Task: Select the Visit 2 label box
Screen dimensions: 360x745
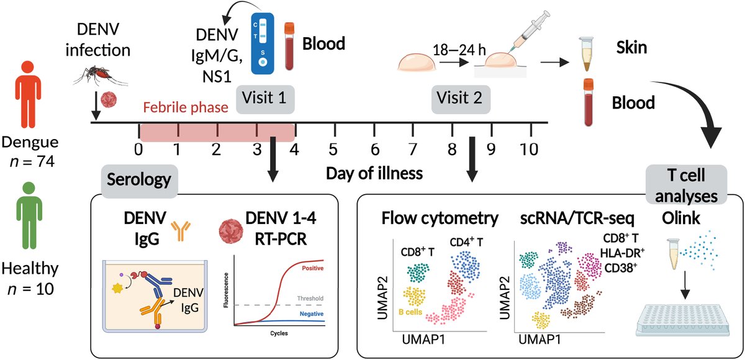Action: click(459, 97)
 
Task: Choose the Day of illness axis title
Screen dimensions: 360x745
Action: click(374, 172)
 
